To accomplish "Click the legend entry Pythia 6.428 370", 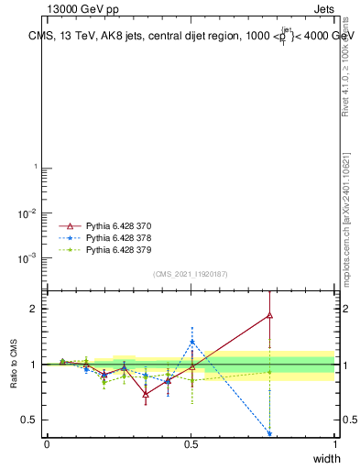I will [117, 225].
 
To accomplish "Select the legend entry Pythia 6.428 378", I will [117, 237].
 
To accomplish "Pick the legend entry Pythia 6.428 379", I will [117, 249].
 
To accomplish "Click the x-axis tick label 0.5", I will [191, 444].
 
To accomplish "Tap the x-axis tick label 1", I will [335, 444].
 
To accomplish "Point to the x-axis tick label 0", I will [47, 444].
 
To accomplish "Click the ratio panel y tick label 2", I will [34, 309].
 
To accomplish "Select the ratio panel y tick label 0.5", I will [30, 420].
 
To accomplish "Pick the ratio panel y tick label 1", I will [34, 365].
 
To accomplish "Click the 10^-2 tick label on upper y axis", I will [29, 213].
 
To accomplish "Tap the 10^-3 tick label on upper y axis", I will [29, 258].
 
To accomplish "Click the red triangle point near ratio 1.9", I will [269, 315].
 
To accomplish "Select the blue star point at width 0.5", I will [191, 342].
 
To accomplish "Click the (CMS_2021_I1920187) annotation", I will [190, 274].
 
